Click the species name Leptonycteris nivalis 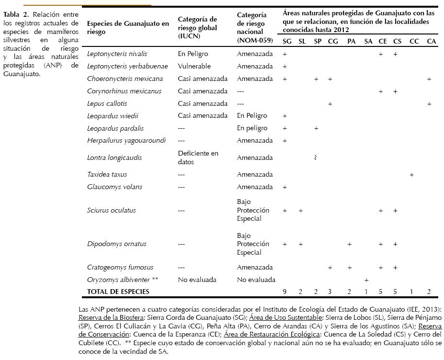[117, 54]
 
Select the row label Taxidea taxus [107, 175]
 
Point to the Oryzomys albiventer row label [122, 280]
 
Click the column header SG [287, 42]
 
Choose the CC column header [414, 42]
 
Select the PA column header [351, 42]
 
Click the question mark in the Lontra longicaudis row [316, 157]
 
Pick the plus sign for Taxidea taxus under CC [412, 175]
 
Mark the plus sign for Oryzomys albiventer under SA [366, 280]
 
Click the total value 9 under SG [285, 292]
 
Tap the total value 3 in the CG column [330, 292]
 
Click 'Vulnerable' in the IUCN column [194, 67]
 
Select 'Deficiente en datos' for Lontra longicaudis [198, 157]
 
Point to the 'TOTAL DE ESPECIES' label [118, 292]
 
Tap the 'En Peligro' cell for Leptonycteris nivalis [193, 54]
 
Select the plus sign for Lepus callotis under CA [430, 103]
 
